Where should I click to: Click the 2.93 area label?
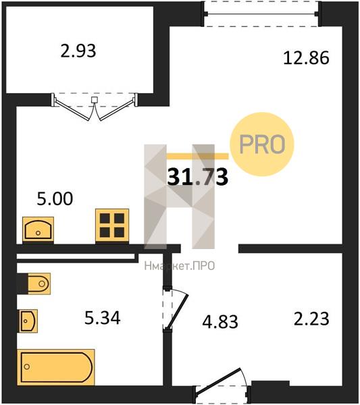click(x=78, y=51)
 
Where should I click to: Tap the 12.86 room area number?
click(x=306, y=57)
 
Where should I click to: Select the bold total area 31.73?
click(x=198, y=177)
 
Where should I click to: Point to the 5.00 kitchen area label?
click(x=55, y=199)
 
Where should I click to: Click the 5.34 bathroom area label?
click(x=103, y=318)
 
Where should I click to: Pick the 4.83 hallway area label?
click(x=220, y=322)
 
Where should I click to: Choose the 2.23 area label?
click(x=311, y=319)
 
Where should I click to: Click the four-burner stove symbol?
click(x=112, y=225)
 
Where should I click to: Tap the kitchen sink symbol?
click(x=38, y=230)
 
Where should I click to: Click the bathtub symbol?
click(x=56, y=367)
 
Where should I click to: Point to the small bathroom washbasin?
click(x=28, y=321)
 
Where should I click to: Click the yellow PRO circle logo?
click(x=262, y=144)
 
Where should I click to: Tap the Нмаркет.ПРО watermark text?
click(x=180, y=266)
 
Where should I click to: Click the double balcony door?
click(x=95, y=107)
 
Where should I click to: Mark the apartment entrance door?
click(x=222, y=385)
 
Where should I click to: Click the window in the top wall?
click(x=261, y=13)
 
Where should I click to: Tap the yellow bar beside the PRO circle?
click(x=198, y=156)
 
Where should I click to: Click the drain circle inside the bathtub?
click(x=26, y=367)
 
